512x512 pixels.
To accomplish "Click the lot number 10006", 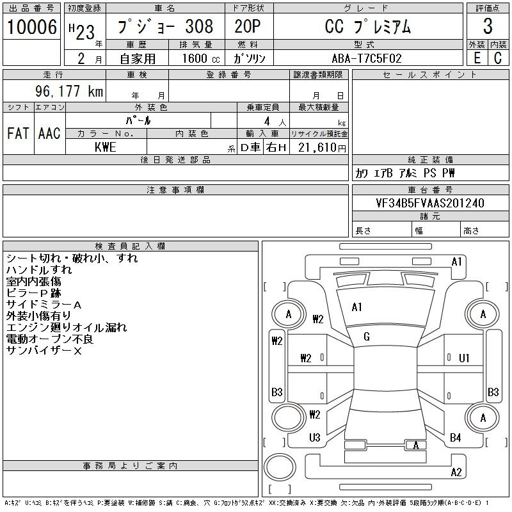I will (x=31, y=26).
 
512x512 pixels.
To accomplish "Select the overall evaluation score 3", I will (x=488, y=26).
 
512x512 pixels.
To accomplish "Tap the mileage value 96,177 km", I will (x=70, y=91).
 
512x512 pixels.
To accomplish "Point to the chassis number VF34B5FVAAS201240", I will (x=430, y=203).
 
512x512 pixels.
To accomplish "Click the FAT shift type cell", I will (x=18, y=133).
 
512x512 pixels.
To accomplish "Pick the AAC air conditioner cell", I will (x=49, y=133).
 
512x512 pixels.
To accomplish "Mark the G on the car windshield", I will (x=367, y=337).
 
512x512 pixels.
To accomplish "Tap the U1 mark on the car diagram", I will (x=465, y=358).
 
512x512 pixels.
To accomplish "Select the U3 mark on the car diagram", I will (x=314, y=438).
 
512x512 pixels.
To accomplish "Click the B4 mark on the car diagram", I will (x=456, y=438).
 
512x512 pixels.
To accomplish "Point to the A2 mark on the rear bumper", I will (x=456, y=472).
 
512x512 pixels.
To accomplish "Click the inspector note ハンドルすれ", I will (x=39, y=270).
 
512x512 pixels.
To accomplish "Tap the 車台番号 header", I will (x=430, y=190).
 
